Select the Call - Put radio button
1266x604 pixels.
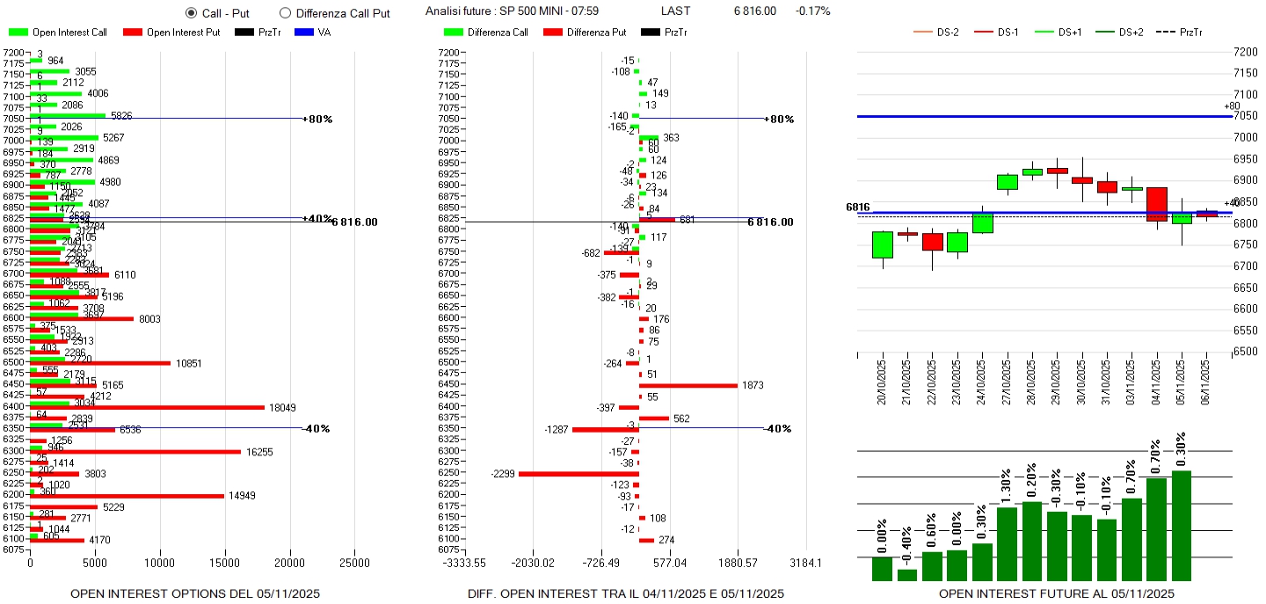(x=192, y=12)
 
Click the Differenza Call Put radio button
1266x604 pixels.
(x=285, y=12)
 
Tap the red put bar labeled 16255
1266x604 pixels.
(x=135, y=452)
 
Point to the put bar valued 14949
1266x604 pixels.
(x=127, y=496)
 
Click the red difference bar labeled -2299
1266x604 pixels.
(x=578, y=474)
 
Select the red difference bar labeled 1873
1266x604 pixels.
(x=688, y=385)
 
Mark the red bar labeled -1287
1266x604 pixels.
(x=605, y=429)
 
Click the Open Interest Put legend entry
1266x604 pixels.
(x=171, y=33)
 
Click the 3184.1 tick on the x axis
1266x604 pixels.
(x=805, y=562)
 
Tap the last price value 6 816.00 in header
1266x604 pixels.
(x=754, y=11)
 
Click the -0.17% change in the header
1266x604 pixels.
(x=812, y=11)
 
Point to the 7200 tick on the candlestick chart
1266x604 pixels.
(x=1245, y=52)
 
